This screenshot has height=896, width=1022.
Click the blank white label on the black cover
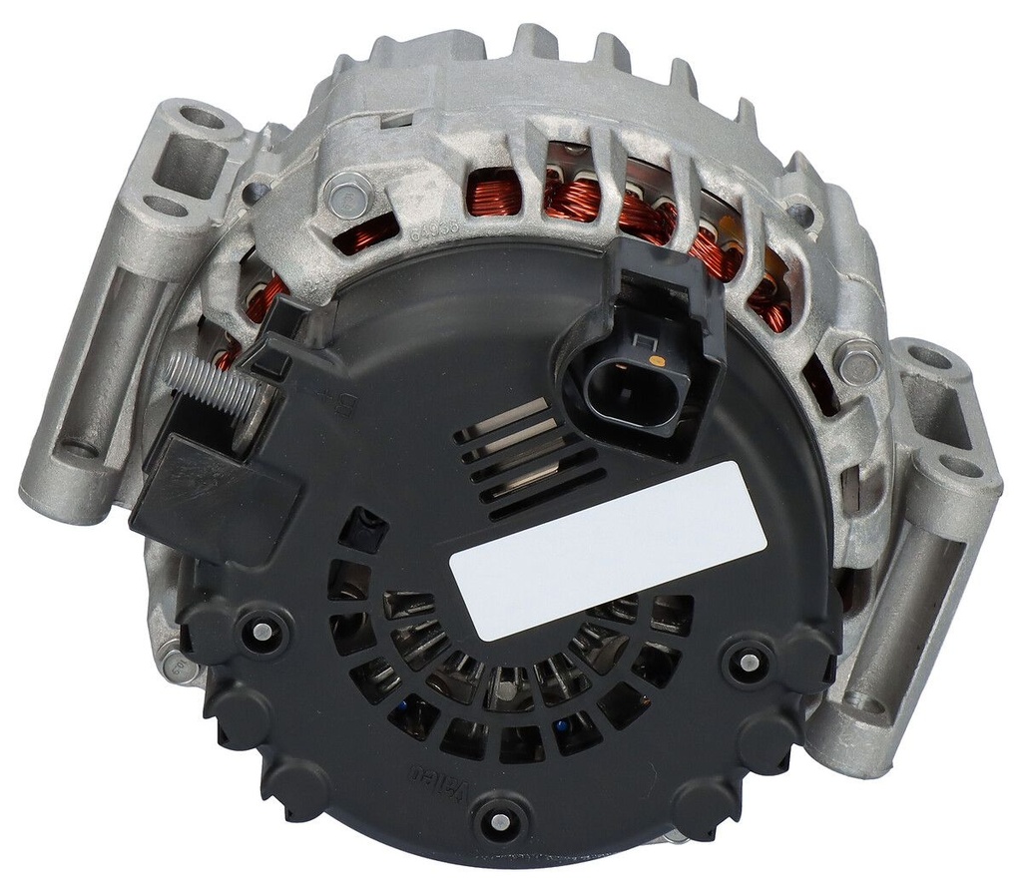[607, 550]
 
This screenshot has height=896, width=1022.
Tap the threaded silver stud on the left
[211, 386]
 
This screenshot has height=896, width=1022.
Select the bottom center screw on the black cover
[496, 820]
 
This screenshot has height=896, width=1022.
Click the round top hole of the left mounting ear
[201, 117]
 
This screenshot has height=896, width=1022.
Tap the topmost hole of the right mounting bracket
[927, 356]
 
